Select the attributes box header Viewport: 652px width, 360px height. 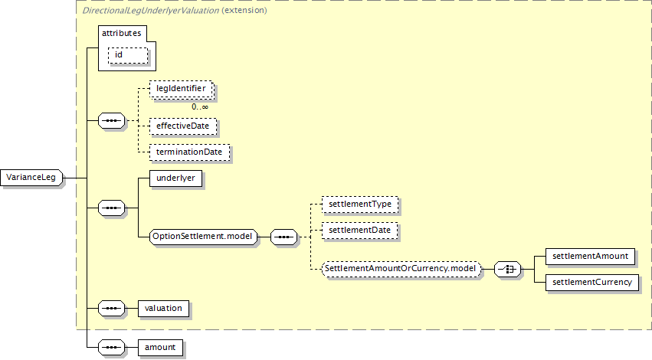coord(123,34)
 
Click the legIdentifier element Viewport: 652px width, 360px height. coord(181,90)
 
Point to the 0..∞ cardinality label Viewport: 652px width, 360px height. coord(199,106)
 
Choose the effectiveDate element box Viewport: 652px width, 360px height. coord(183,125)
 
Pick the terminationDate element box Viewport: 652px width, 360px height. coord(189,152)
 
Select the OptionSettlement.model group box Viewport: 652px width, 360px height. coord(202,237)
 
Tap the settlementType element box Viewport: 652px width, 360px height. coord(359,205)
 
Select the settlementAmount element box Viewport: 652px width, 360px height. coord(590,256)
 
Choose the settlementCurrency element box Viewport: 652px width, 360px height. coord(591,283)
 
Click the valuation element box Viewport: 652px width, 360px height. coord(163,308)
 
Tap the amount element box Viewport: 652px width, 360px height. coord(159,347)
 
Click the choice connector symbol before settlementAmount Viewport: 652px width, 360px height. coord(508,269)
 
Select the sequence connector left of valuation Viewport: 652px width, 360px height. coord(113,308)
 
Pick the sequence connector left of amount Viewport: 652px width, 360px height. coord(113,347)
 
